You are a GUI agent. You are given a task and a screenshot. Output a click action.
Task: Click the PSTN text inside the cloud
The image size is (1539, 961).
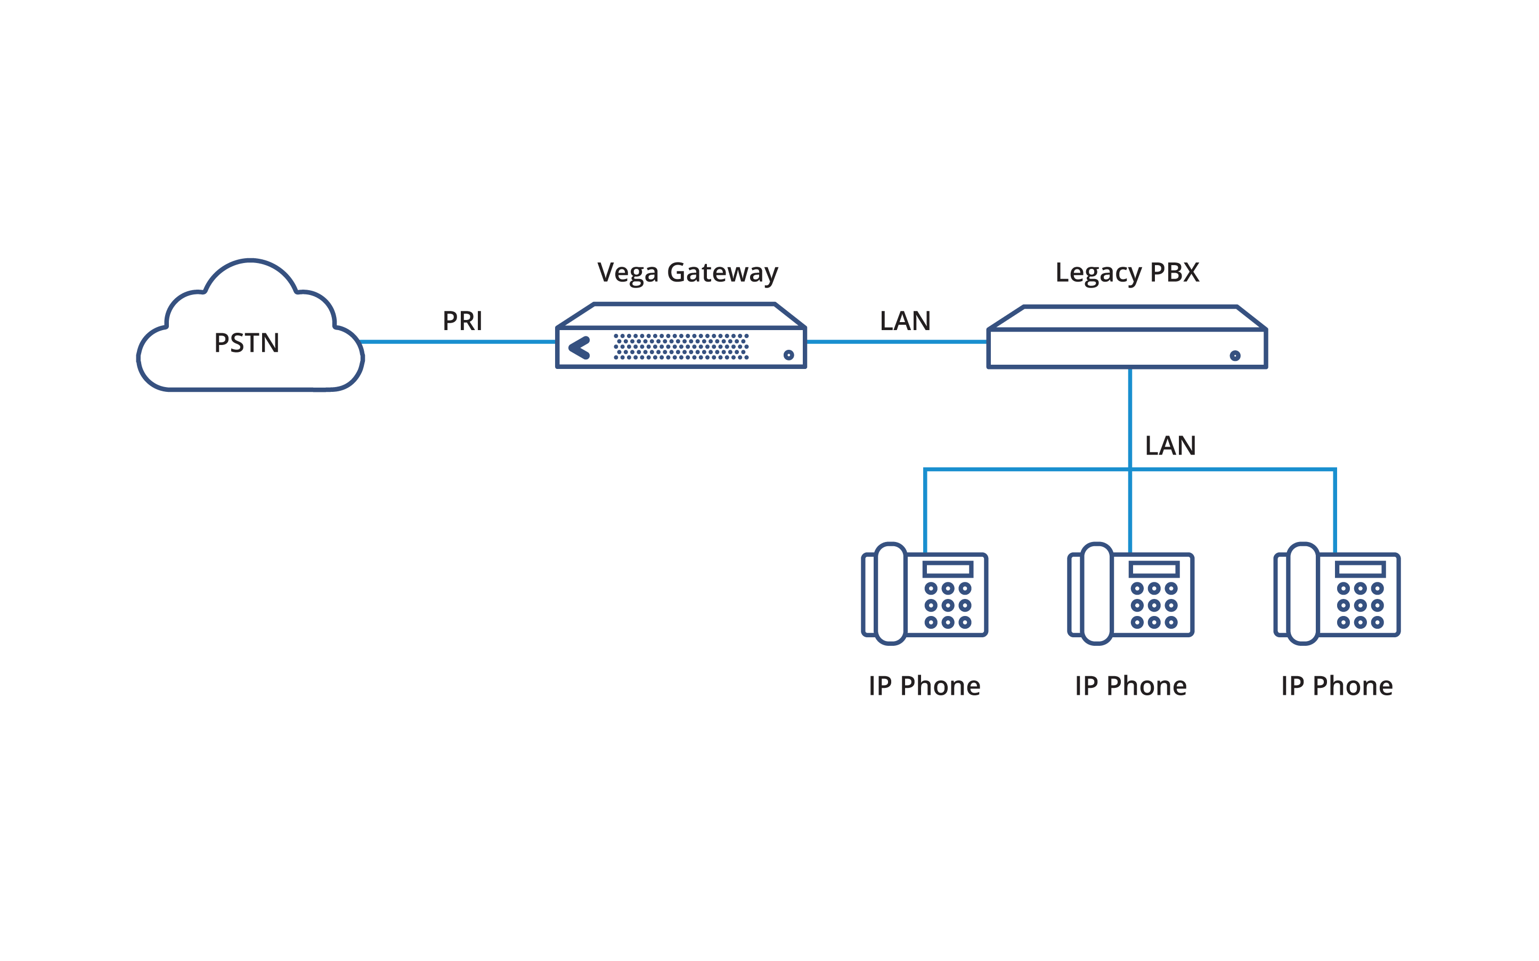click(x=247, y=343)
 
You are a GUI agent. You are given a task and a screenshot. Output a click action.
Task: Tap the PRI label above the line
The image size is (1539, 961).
click(x=462, y=321)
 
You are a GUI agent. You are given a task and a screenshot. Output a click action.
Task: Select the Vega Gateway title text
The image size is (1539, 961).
click(x=687, y=273)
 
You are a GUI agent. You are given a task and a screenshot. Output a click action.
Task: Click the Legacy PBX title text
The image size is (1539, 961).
click(x=1127, y=273)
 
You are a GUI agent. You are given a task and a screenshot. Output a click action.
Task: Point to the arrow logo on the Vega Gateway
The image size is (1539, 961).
click(x=580, y=348)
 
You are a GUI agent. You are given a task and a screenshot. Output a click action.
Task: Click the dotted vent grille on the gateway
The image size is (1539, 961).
click(x=681, y=347)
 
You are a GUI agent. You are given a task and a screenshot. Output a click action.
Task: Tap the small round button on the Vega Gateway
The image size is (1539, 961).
click(x=788, y=355)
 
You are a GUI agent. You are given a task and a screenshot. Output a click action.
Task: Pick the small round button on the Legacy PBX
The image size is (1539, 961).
click(x=1235, y=355)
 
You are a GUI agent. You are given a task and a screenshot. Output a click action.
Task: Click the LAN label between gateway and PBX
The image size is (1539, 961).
click(x=905, y=321)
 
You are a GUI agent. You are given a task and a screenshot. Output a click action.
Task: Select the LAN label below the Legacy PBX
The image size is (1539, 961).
click(x=1170, y=446)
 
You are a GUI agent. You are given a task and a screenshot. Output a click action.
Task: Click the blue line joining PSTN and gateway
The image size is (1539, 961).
click(x=458, y=342)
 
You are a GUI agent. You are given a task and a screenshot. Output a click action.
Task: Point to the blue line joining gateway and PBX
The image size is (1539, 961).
click(x=897, y=342)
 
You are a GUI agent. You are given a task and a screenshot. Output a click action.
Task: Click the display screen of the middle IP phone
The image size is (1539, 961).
click(x=1154, y=569)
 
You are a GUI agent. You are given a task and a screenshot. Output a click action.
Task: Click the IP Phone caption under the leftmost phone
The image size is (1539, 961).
click(x=925, y=686)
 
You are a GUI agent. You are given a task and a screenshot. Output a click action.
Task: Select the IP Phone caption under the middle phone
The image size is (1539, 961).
click(x=1131, y=686)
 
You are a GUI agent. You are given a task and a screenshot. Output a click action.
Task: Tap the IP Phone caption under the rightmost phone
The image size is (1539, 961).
click(x=1337, y=686)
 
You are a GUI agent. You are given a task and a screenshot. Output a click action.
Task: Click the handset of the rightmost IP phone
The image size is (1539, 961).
click(x=1302, y=594)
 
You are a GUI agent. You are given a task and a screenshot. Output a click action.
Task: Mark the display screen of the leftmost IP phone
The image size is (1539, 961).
click(x=948, y=569)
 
